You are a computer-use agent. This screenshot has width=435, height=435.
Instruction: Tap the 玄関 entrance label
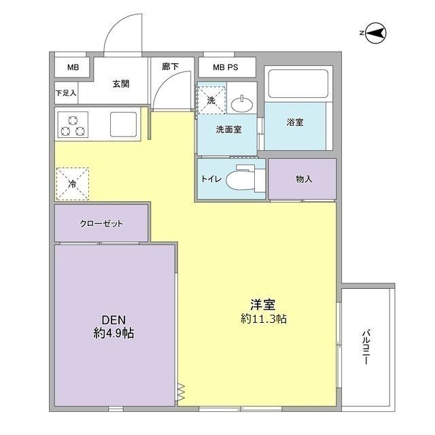tap(120, 84)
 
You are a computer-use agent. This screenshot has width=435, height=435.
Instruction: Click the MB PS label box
tap(227, 67)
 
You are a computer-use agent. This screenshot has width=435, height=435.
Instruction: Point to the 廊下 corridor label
tap(171, 67)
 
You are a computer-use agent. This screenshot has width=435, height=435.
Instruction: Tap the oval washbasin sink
tap(240, 103)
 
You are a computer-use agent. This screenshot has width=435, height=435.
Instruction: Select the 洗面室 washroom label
tap(228, 128)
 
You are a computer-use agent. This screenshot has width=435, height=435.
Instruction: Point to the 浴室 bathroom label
tap(294, 123)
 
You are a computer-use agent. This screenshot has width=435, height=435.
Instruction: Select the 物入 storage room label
tap(303, 179)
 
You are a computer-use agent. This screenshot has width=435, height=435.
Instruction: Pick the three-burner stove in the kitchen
tap(73, 125)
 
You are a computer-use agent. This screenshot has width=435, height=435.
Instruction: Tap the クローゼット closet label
tap(101, 224)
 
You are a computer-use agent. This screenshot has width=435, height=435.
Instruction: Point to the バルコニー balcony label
tap(366, 347)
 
